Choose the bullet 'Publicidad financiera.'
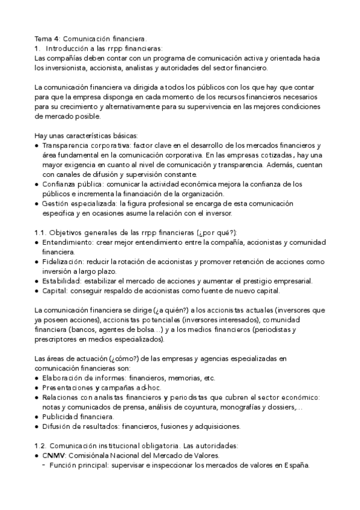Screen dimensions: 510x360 point(78,417)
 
